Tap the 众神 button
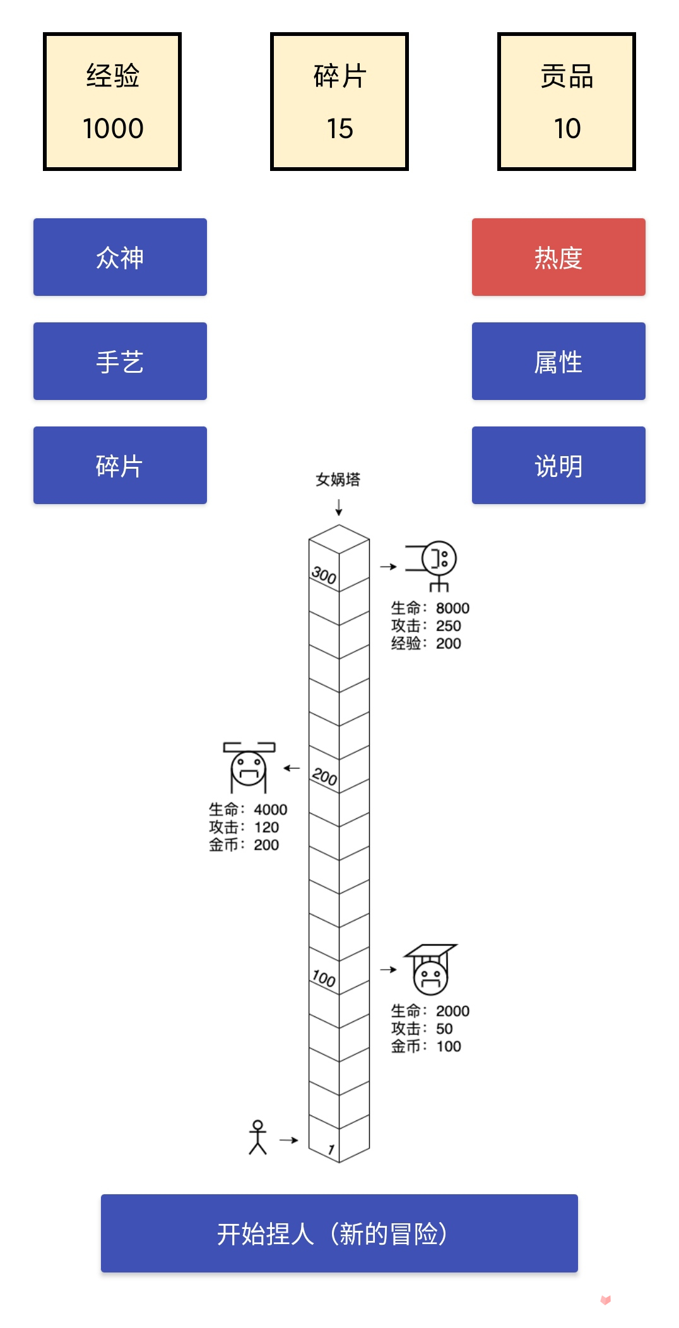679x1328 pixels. point(120,257)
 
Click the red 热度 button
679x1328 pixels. point(558,257)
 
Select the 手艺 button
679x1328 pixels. point(120,361)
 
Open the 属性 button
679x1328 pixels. point(558,361)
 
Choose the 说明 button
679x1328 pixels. point(558,466)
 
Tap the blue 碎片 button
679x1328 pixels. point(120,466)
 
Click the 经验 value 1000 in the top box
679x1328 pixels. point(113,129)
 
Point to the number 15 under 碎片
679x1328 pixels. point(339,129)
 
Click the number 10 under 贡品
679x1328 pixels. point(567,129)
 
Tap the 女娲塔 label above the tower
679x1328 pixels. point(338,479)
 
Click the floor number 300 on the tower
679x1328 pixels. point(324,575)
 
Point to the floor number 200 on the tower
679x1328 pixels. point(324,776)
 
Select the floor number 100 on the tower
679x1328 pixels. point(324,978)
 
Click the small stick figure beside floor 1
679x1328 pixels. point(257,1137)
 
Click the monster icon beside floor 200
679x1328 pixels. point(249,767)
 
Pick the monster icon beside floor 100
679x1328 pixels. point(430,969)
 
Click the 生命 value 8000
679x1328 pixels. point(452,608)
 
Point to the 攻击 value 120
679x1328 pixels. point(266,827)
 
